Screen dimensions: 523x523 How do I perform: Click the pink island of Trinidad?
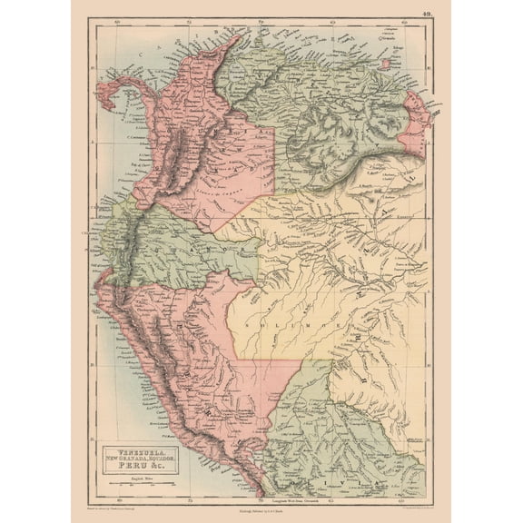pyautogui.click(x=390, y=65)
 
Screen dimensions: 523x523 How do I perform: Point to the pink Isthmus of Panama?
pyautogui.click(x=127, y=95)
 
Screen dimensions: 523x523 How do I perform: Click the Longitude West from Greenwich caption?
pyautogui.click(x=289, y=498)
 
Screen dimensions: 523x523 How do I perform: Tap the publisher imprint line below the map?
pyautogui.click(x=261, y=510)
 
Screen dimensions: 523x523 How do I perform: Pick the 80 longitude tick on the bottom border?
pyautogui.click(x=121, y=498)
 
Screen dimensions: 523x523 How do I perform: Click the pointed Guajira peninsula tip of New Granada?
pyautogui.click(x=238, y=38)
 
